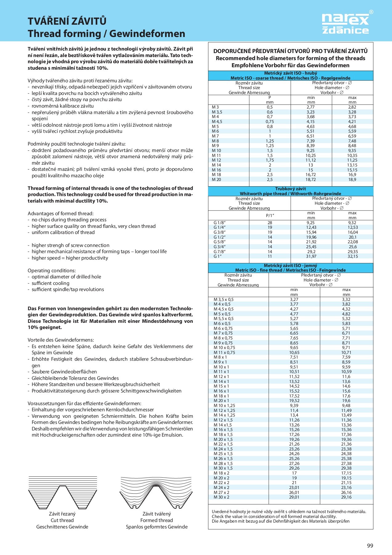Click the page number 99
click(370, 545)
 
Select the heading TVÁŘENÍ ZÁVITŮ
click(67, 21)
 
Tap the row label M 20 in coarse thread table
click(216, 179)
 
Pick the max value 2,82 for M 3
click(352, 107)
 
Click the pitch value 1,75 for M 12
click(270, 160)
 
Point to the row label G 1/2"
click(220, 237)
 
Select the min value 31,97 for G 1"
click(311, 256)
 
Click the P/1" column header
click(270, 216)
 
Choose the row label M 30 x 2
click(221, 497)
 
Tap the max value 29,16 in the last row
click(346, 497)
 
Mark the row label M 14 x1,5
click(223, 425)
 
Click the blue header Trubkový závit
click(290, 189)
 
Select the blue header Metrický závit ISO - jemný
click(290, 265)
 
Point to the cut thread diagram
click(63, 492)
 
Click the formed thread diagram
click(156, 492)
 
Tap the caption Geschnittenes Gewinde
click(62, 527)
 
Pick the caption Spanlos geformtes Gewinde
click(156, 527)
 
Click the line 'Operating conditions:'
click(52, 270)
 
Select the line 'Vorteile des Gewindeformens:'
click(61, 340)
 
